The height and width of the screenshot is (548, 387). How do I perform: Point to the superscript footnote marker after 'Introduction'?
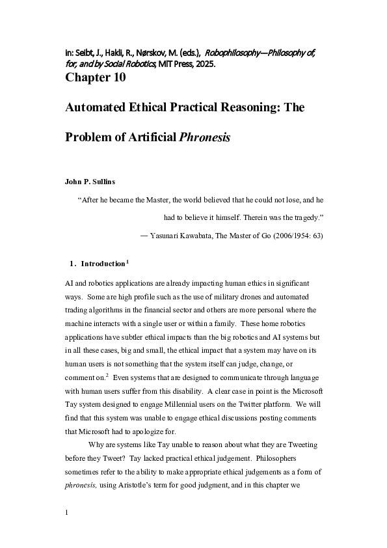pyautogui.click(x=127, y=262)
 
